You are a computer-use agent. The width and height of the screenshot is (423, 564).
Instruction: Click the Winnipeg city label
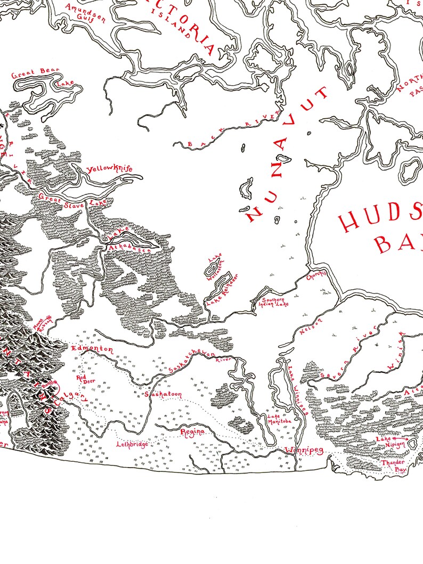304,451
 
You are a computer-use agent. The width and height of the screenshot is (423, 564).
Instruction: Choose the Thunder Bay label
394,467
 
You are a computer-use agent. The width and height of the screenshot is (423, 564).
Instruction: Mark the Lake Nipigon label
392,442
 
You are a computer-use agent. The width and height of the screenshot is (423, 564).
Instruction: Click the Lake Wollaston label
215,265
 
